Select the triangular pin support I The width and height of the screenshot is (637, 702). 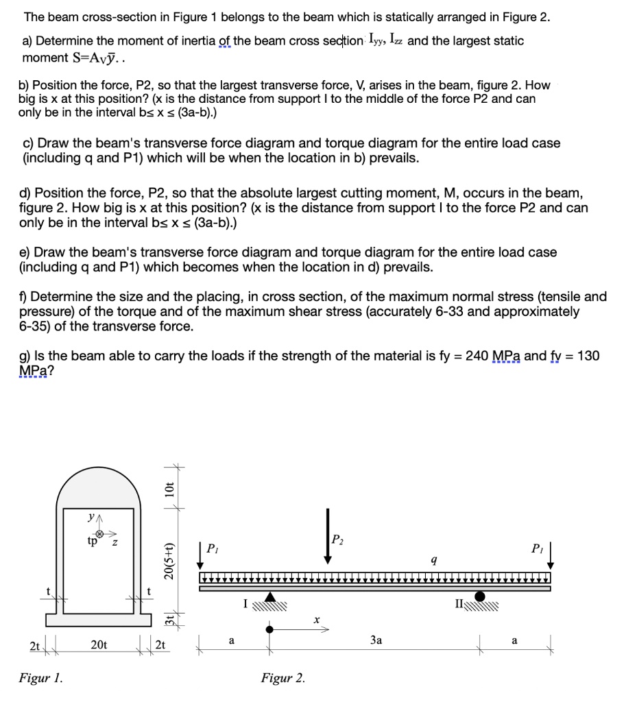[270, 598]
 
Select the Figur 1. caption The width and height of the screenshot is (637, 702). [42, 679]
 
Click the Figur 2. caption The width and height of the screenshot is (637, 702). [283, 679]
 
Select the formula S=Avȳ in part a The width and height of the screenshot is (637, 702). [62, 58]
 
